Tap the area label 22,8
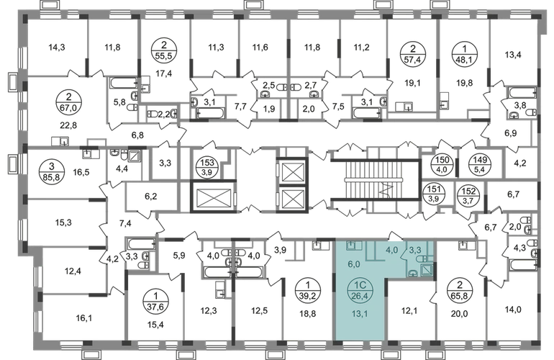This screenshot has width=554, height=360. tap(68, 125)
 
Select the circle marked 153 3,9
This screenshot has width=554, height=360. tap(207, 167)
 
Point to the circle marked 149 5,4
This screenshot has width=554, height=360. tap(480, 164)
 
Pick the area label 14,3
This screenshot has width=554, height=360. tap(57, 47)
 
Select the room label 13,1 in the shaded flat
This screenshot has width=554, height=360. tap(360, 313)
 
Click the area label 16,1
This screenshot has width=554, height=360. tap(83, 318)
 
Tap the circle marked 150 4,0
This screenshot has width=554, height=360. tap(442, 164)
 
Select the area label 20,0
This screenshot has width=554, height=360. tap(460, 313)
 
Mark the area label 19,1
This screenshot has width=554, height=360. tap(412, 84)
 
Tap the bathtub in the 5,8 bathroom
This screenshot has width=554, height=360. tap(124, 83)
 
